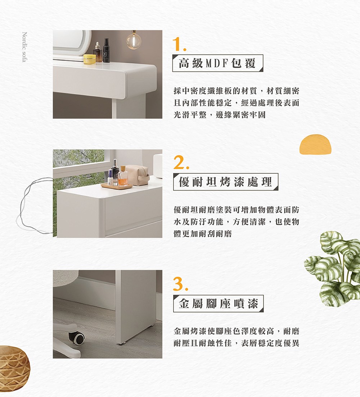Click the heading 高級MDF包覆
(x=217, y=63)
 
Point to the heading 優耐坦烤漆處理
(x=225, y=182)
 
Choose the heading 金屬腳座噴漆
(x=218, y=303)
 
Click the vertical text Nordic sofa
(x=24, y=47)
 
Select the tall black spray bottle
(x=107, y=50)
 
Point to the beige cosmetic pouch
(x=137, y=175)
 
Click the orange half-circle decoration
(x=315, y=144)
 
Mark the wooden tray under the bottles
(x=117, y=186)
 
